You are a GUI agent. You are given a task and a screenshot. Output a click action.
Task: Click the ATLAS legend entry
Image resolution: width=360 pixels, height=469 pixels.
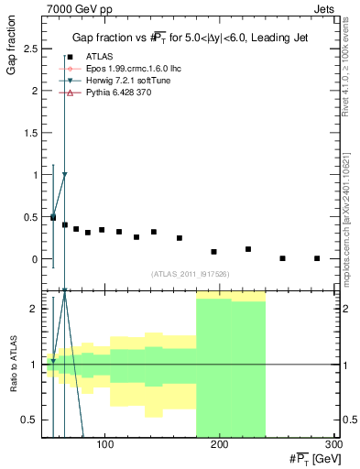[98, 57]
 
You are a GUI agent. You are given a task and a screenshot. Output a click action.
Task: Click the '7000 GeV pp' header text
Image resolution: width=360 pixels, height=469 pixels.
[71, 8]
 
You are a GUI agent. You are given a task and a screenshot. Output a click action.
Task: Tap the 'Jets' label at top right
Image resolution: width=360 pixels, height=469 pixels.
[325, 8]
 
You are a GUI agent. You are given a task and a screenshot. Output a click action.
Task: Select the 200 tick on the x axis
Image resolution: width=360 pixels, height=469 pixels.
[220, 445]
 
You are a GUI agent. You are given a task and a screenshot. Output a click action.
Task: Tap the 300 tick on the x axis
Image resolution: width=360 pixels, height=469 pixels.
[333, 445]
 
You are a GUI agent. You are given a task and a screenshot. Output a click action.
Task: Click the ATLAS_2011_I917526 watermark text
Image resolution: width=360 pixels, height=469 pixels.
[191, 274]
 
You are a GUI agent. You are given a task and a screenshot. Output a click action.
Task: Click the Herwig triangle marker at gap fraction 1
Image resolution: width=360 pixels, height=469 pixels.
[64, 174]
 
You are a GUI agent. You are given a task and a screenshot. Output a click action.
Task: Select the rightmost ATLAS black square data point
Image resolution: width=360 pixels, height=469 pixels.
[317, 258]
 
